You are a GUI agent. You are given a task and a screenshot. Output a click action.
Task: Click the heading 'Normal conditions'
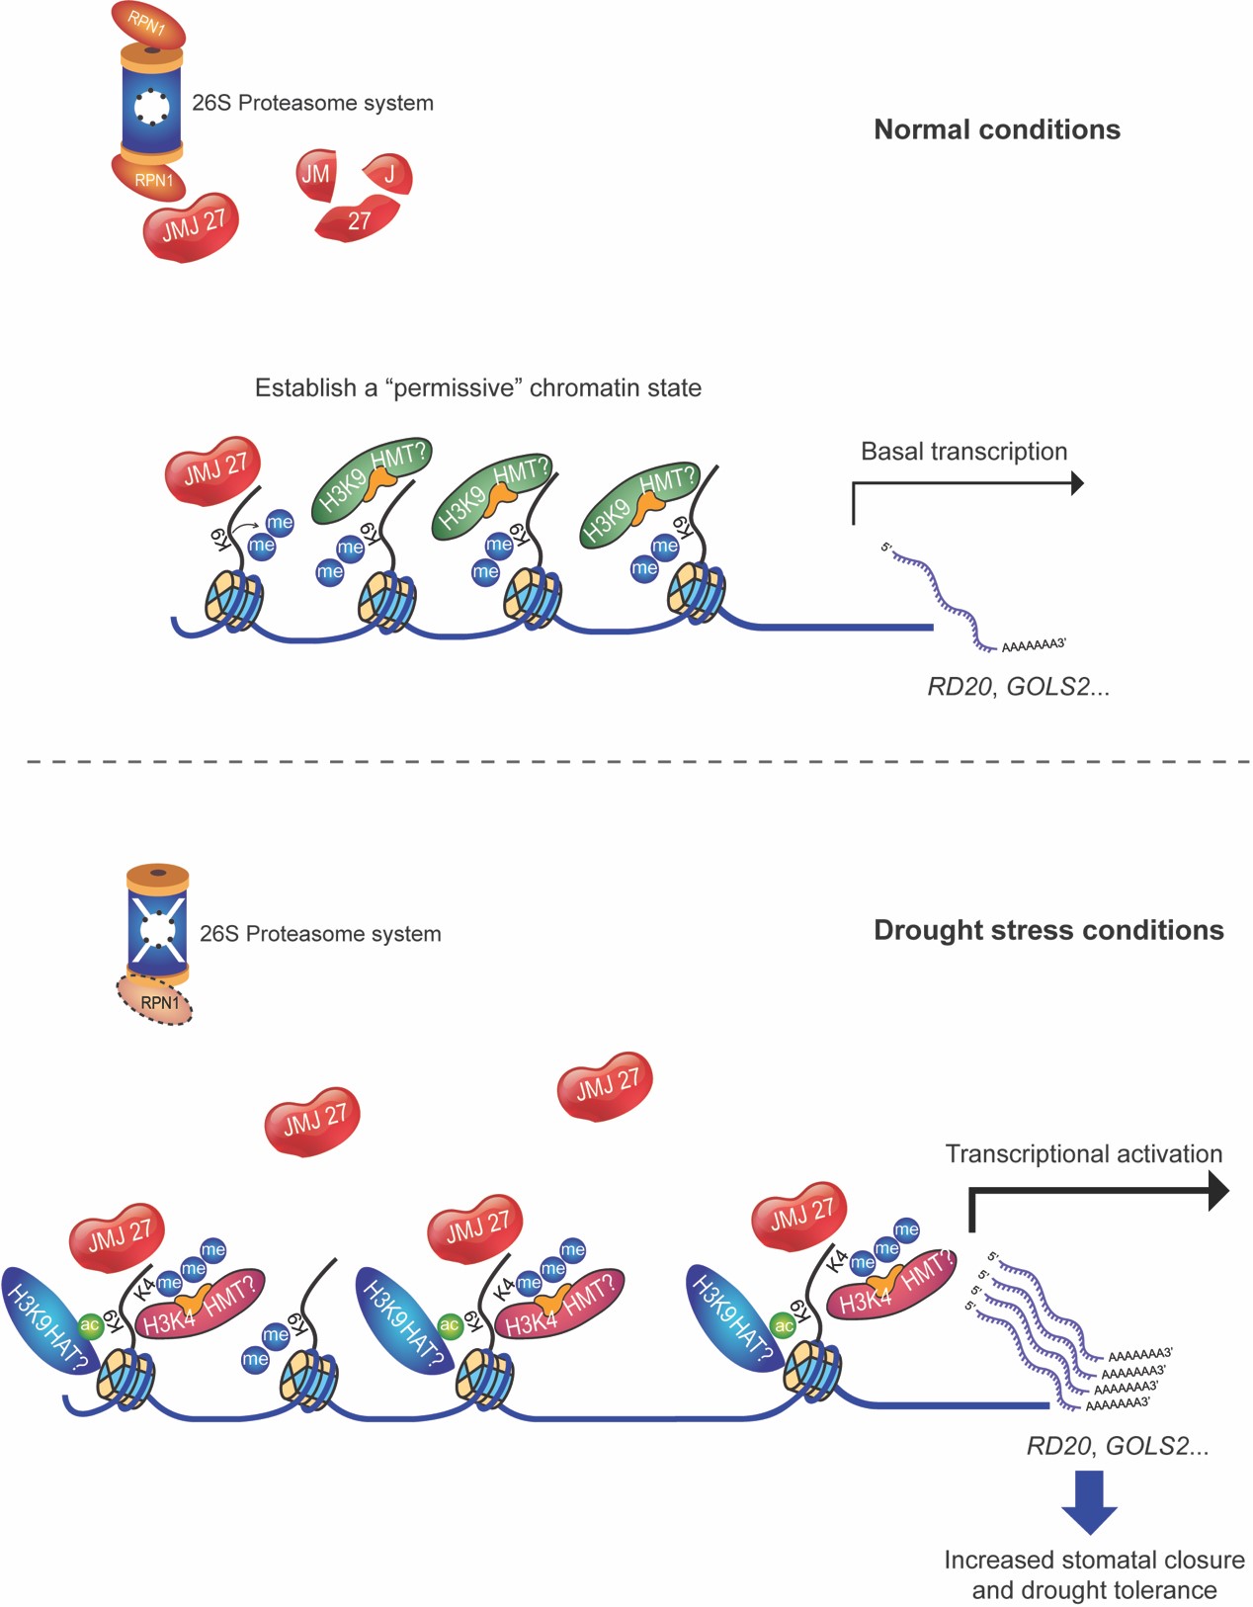tap(996, 129)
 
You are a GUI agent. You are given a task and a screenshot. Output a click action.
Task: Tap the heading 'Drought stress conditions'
tap(1048, 930)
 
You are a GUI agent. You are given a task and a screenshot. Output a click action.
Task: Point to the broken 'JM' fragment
tap(316, 175)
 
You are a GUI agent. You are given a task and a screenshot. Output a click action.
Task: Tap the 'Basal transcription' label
tap(963, 452)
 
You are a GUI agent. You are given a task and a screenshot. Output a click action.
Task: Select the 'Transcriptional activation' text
tap(1083, 1153)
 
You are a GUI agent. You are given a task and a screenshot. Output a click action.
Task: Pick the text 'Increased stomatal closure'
tap(1094, 1560)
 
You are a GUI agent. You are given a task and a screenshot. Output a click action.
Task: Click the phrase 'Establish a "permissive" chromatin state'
tap(478, 387)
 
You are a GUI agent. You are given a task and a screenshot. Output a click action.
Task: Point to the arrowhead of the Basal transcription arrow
tap(1077, 483)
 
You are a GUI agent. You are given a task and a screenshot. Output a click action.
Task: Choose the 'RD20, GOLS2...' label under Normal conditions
tap(1018, 687)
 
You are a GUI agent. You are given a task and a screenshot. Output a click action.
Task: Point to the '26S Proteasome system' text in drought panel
tap(320, 934)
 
